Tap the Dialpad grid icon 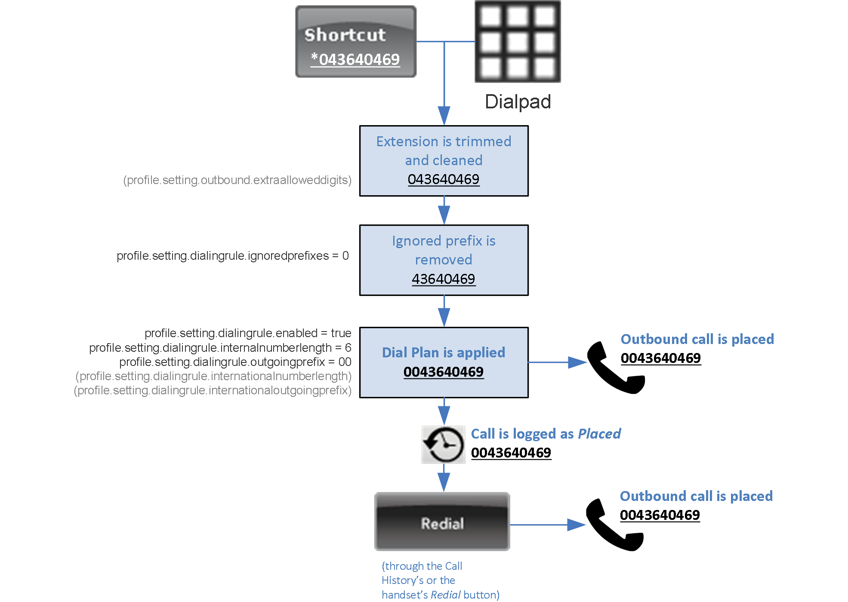(x=517, y=41)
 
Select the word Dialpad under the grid (x=518, y=102)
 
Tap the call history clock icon (x=443, y=445)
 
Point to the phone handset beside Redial (x=615, y=525)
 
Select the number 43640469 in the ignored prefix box (x=444, y=279)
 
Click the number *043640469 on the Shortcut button (x=355, y=59)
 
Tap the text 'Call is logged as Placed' (x=546, y=434)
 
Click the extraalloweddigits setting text (x=237, y=180)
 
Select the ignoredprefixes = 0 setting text (x=233, y=256)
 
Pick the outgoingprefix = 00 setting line (x=235, y=362)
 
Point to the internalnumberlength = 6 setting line (x=220, y=347)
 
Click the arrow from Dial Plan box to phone (x=557, y=362)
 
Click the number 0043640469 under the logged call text (x=511, y=453)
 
